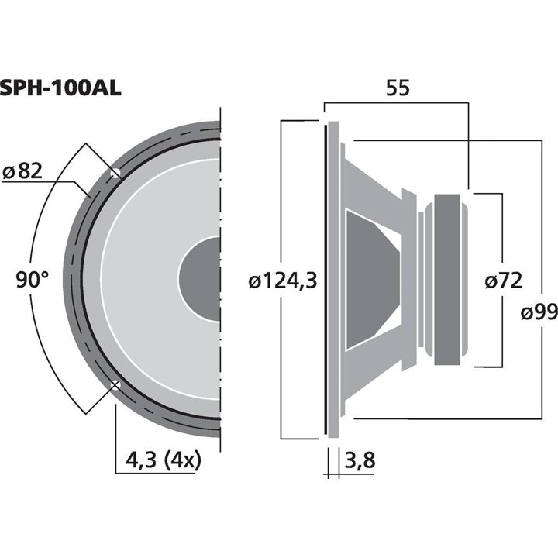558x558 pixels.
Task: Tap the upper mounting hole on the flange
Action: (x=116, y=172)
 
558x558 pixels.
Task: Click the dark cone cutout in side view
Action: (x=370, y=277)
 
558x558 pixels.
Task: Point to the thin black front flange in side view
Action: (x=324, y=277)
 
